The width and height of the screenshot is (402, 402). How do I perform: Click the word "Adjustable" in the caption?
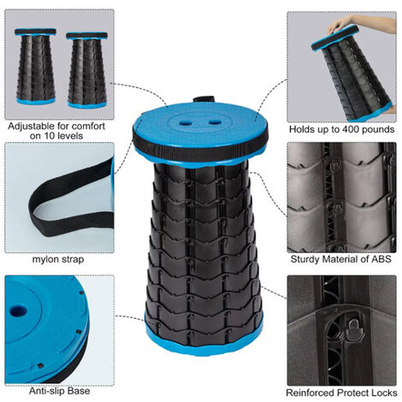pyautogui.click(x=31, y=126)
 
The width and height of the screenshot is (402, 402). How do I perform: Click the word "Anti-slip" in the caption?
pyautogui.click(x=45, y=391)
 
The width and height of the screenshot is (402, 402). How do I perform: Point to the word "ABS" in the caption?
pyautogui.click(x=381, y=259)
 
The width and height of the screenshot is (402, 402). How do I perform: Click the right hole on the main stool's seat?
pyautogui.click(x=215, y=122)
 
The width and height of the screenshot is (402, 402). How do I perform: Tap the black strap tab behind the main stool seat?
pyautogui.click(x=204, y=99)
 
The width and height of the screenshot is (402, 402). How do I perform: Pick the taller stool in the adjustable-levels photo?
pyautogui.click(x=36, y=66)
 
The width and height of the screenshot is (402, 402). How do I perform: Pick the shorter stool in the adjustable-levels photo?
pyautogui.click(x=87, y=70)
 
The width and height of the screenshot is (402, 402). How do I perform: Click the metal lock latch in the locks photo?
pyautogui.click(x=354, y=328)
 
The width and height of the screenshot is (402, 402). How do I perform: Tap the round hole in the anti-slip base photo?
pyautogui.click(x=18, y=311)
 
